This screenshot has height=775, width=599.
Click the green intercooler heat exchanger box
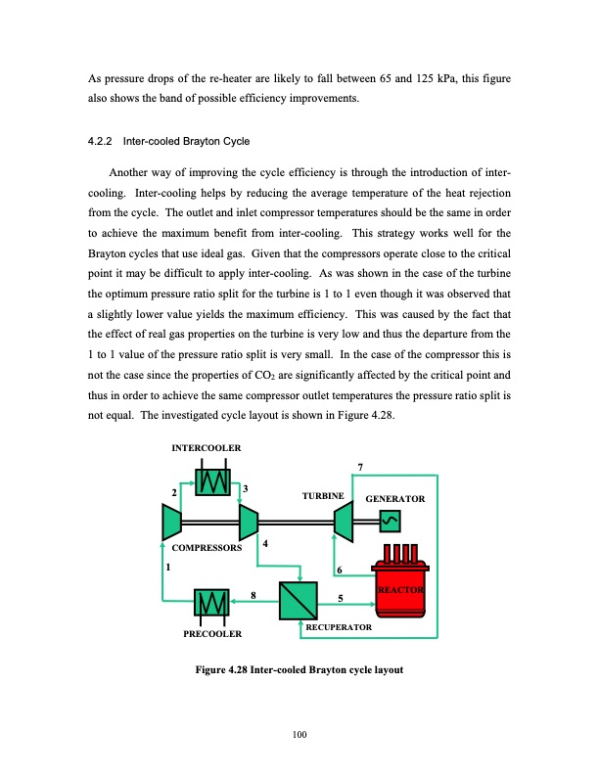tap(211, 481)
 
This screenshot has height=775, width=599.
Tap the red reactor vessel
tap(397, 589)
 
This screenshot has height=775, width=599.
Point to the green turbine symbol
tap(343, 522)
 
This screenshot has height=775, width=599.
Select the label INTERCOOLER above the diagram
tap(207, 447)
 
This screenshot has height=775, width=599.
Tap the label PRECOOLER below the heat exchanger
tap(212, 634)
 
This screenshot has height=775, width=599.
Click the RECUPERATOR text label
tap(339, 624)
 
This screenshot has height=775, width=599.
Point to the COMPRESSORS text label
tap(206, 549)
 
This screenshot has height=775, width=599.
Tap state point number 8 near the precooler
tap(253, 594)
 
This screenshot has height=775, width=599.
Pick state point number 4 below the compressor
tap(265, 543)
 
